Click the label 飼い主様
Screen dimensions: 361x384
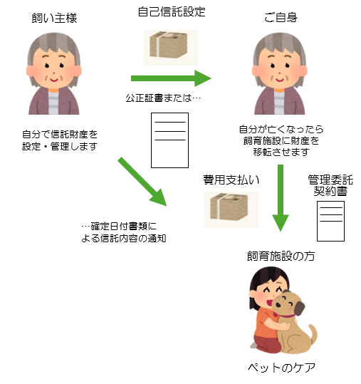tap(54, 18)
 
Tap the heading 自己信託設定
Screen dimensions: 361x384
tap(172, 11)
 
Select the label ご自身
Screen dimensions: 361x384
tap(281, 17)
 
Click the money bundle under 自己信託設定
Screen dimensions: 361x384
tap(169, 45)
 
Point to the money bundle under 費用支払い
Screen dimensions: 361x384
tap(229, 207)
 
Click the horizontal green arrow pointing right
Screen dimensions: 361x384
tap(171, 78)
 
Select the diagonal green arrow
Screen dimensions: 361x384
tap(142, 182)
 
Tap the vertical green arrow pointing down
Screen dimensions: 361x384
tap(281, 198)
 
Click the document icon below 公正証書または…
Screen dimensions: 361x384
tap(169, 140)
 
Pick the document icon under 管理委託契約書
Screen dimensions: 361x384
tap(330, 221)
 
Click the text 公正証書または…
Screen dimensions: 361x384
tap(163, 98)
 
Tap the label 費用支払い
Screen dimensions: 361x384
tap(231, 180)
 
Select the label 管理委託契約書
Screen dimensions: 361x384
tap(330, 185)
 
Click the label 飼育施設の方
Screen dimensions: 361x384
tap(281, 256)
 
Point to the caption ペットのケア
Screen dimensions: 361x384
tap(281, 368)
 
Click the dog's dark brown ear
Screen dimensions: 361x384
tap(299, 308)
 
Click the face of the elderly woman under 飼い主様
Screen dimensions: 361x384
tap(54, 68)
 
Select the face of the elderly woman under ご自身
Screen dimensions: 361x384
tap(280, 68)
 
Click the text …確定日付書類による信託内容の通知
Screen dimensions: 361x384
tap(124, 232)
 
